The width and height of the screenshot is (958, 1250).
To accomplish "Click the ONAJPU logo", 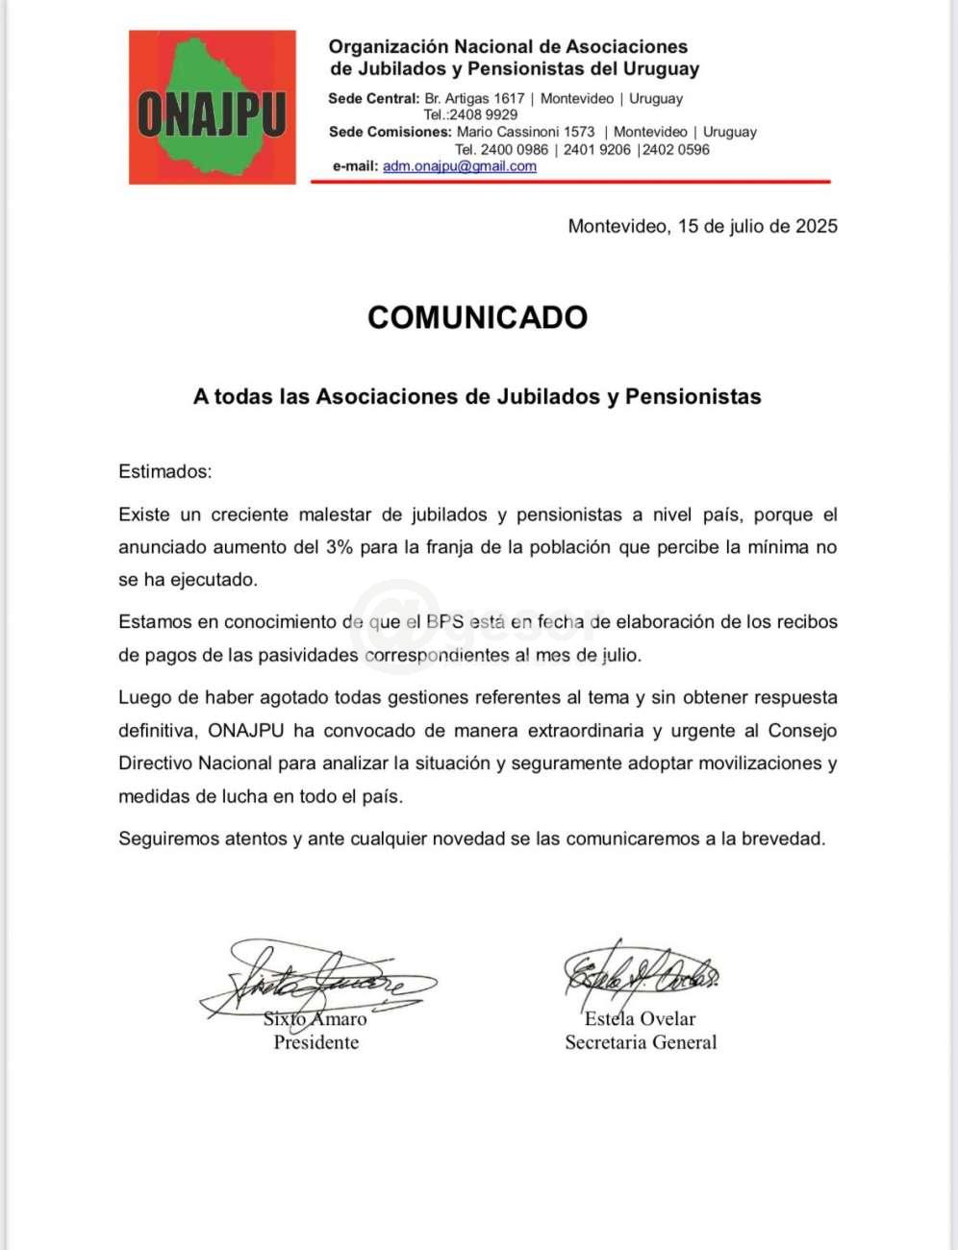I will pos(213,108).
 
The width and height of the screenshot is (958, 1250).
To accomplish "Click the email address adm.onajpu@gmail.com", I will pos(459,166).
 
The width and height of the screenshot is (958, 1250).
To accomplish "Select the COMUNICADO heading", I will pos(477,317).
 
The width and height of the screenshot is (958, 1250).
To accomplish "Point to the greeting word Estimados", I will pos(164,472).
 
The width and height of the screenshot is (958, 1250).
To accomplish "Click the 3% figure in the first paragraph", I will pos(340,547).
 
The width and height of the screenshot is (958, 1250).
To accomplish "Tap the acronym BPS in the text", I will pos(444,622).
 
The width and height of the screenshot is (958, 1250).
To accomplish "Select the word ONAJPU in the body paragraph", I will pos(245,731).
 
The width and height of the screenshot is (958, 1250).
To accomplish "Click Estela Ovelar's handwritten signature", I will pos(640,971).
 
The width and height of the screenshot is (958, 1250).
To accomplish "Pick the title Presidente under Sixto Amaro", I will pos(315,1043).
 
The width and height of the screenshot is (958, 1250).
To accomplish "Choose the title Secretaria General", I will pos(641,1043).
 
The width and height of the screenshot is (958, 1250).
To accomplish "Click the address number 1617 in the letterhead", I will pos(510,98).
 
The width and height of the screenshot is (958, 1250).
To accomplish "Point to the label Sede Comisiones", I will pos(390,132).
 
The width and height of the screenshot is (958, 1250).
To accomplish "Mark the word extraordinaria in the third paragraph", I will pos(586,731).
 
